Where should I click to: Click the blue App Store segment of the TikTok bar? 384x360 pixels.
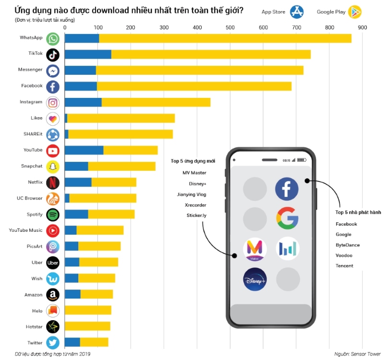[x=88, y=54]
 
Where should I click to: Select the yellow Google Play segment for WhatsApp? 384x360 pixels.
[x=225, y=38]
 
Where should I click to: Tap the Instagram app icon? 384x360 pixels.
[x=53, y=103]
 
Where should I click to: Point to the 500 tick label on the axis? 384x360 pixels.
[x=230, y=27]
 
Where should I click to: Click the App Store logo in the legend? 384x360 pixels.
[x=297, y=12]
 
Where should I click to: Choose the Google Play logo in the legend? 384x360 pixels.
[x=355, y=12]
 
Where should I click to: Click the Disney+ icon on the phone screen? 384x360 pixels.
[x=255, y=279]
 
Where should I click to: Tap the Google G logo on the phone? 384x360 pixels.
[x=287, y=218]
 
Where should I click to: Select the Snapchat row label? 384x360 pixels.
[x=32, y=166]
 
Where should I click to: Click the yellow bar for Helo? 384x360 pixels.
[x=88, y=310]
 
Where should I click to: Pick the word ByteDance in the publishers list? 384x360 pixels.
[x=348, y=245]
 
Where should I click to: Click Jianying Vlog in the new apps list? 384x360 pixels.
[x=192, y=194]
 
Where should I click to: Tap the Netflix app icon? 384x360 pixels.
[x=53, y=183]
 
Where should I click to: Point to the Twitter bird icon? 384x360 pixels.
[x=53, y=343]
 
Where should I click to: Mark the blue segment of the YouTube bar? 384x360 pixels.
[x=84, y=150]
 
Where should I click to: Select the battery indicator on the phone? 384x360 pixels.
[x=302, y=160]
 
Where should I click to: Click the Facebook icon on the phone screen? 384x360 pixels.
[x=287, y=189]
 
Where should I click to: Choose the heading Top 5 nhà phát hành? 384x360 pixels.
[x=358, y=212]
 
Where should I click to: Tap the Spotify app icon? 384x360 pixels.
[x=53, y=215]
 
